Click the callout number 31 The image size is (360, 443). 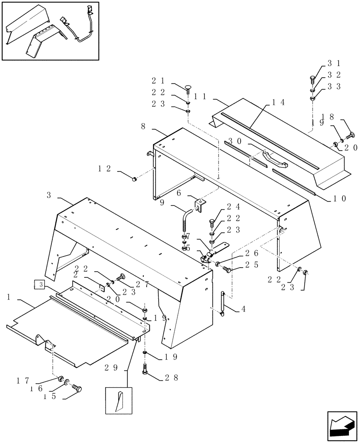click(333, 63)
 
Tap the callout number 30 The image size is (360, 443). click(235, 141)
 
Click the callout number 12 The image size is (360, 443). click(105, 168)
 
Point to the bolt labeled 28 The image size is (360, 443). click(145, 369)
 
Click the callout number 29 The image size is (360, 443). click(111, 367)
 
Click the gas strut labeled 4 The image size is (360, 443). click(223, 303)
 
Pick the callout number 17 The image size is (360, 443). click(23, 380)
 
